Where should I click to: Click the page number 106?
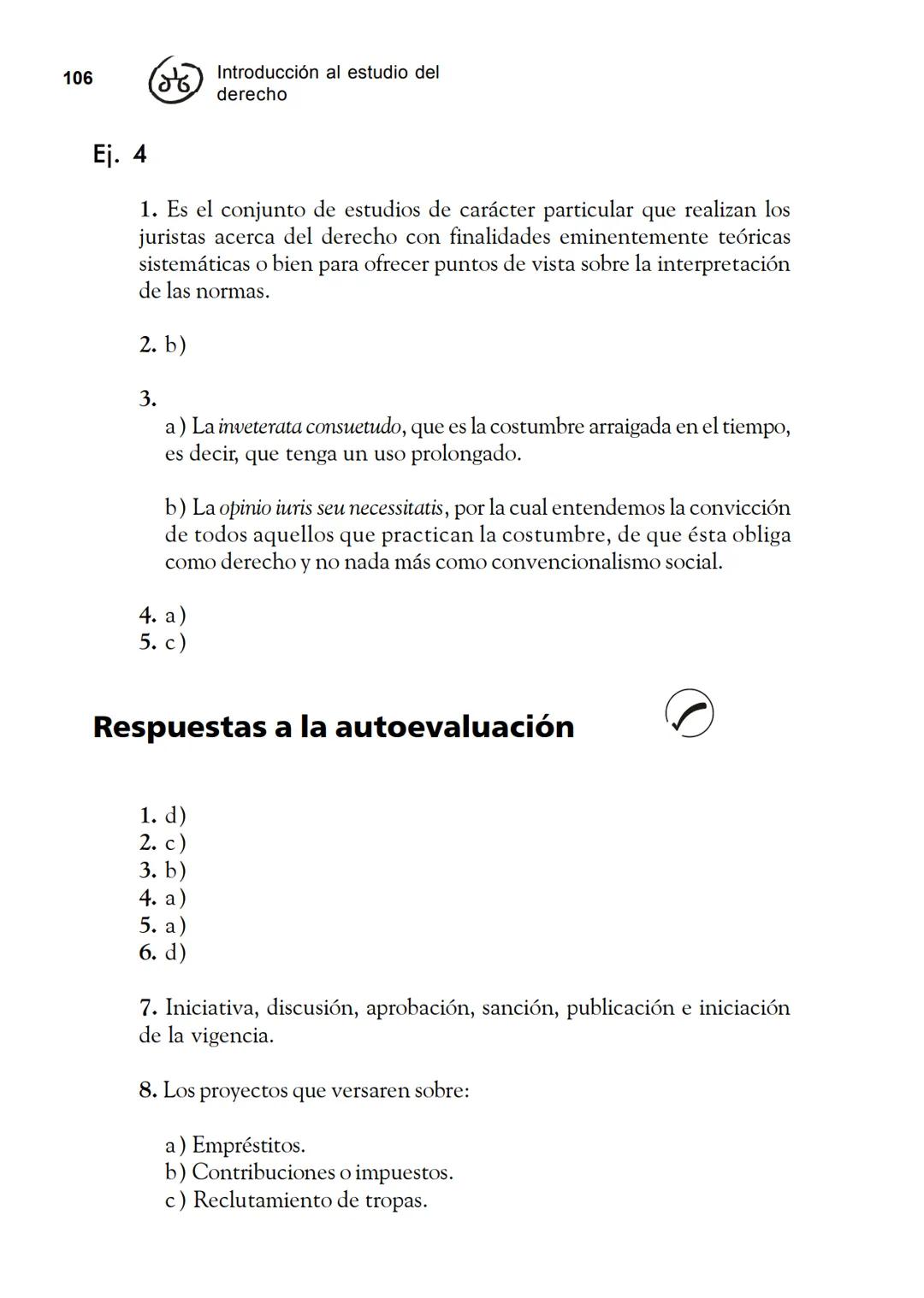78,79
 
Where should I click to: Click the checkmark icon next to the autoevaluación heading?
689,712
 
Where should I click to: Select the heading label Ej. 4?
120,155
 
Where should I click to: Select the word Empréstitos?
248,1145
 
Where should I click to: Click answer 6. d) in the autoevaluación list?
163,953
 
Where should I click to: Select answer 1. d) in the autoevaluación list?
163,816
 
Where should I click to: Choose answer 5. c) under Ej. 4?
163,642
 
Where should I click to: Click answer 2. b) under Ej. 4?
163,345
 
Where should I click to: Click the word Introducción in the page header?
267,73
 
